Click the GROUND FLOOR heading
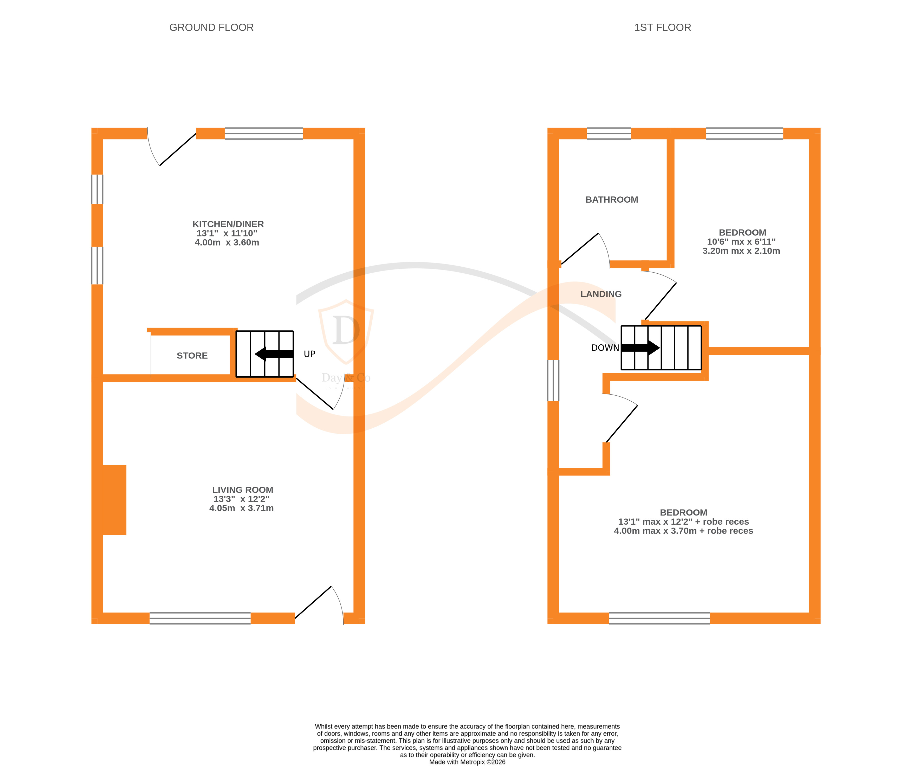[x=211, y=27]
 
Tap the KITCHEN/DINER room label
[x=228, y=224]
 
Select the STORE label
[x=192, y=355]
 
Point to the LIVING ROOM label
[x=242, y=490]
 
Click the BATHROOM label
[x=611, y=199]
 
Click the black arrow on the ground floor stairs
[x=274, y=354]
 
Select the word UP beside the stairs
[x=309, y=354]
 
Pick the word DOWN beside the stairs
[x=605, y=347]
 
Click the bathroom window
[x=609, y=133]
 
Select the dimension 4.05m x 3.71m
[x=242, y=508]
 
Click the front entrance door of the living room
[x=319, y=604]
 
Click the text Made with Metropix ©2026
[x=467, y=762]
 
